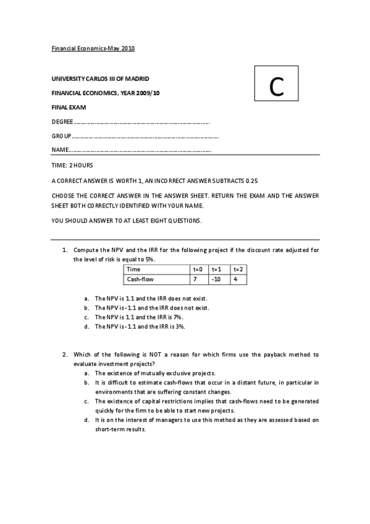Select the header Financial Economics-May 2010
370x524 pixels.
click(92, 48)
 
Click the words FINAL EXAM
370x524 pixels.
click(69, 107)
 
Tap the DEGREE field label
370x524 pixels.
click(62, 122)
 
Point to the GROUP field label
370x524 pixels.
click(61, 136)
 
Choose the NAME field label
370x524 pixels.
click(60, 150)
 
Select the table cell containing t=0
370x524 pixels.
click(198, 269)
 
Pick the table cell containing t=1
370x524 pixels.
click(216, 269)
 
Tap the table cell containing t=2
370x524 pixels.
click(238, 269)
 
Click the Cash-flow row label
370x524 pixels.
click(140, 279)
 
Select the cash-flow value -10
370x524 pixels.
click(216, 279)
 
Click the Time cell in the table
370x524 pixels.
click(133, 269)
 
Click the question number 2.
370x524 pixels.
click(64, 355)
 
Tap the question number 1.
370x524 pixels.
click(64, 250)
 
